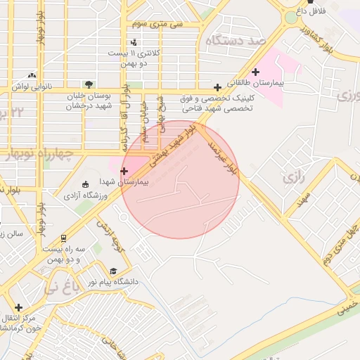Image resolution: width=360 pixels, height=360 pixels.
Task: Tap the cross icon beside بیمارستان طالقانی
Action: [255, 71]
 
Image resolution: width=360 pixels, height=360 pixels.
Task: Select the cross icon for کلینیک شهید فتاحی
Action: [218, 88]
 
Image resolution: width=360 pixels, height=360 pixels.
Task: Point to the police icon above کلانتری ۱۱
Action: [134, 41]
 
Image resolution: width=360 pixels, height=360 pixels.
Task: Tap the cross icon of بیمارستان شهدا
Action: [124, 171]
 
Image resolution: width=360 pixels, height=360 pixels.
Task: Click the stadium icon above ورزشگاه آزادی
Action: [86, 184]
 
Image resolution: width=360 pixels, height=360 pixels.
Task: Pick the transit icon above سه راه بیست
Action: [64, 238]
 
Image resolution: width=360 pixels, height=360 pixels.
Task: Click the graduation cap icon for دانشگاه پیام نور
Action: [113, 271]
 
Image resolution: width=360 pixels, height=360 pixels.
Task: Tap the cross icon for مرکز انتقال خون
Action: [18, 307]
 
